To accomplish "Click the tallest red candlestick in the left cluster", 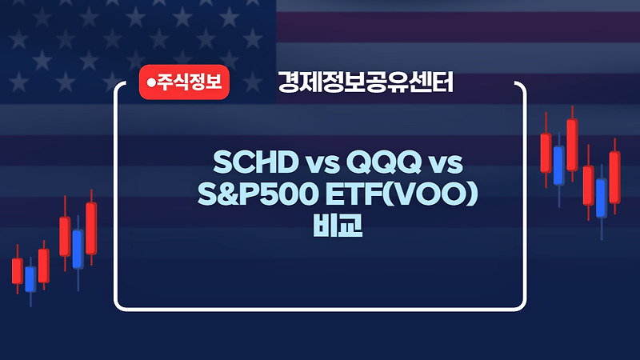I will [91, 228].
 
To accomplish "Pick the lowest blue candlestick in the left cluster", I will [30, 278].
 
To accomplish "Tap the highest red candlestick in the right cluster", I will [572, 144].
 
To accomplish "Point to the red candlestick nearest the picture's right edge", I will [614, 177].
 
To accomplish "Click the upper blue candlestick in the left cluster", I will [78, 249].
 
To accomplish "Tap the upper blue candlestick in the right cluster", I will [558, 165].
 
